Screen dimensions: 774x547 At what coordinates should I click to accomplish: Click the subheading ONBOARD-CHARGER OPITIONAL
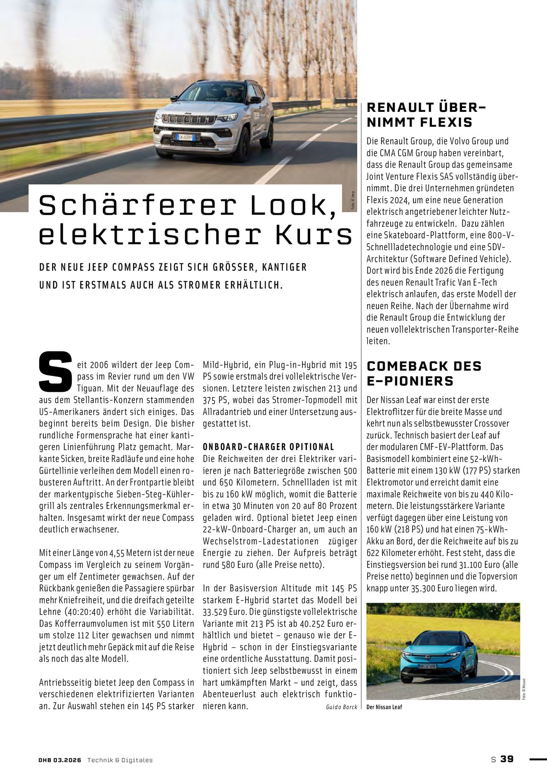click(x=269, y=447)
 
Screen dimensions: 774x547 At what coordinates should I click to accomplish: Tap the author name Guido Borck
click(x=341, y=707)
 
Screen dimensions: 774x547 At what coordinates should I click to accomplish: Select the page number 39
click(x=507, y=759)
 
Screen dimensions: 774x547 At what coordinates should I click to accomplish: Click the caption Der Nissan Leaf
click(x=384, y=707)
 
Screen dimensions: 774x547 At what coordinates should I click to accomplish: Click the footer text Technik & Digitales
click(x=120, y=760)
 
